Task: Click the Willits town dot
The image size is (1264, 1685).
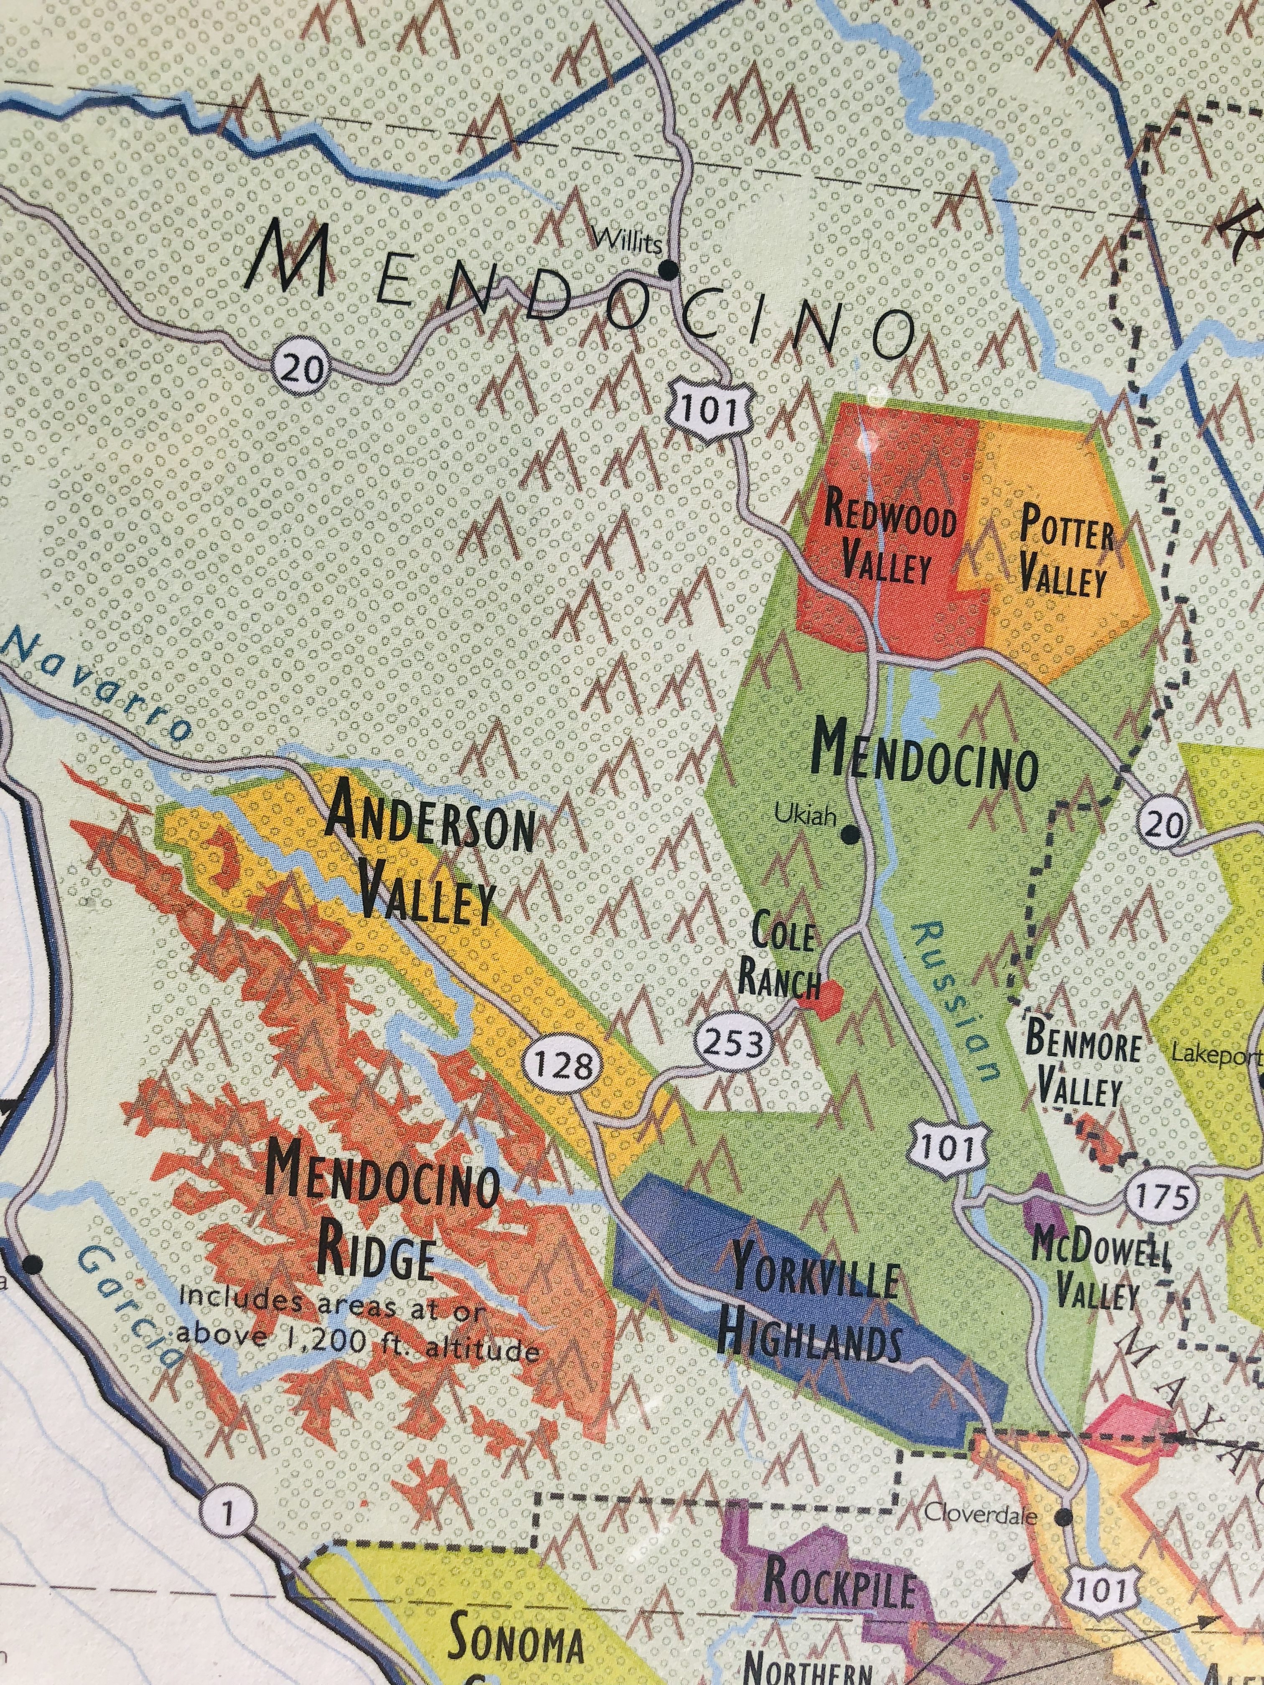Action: point(669,269)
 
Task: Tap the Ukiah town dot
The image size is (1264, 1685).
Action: point(851,836)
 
